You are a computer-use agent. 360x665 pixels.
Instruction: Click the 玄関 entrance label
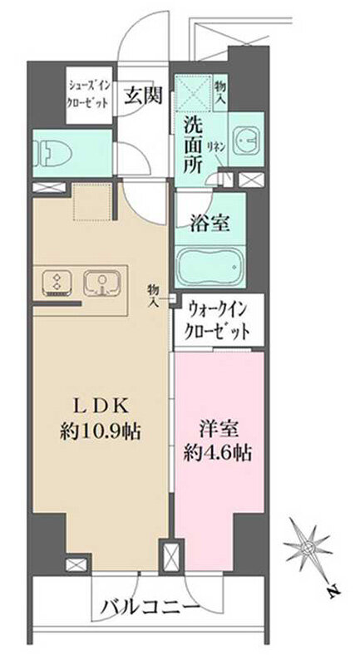(143, 96)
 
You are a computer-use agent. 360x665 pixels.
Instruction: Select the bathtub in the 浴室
(210, 267)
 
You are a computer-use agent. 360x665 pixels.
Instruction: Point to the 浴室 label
(210, 224)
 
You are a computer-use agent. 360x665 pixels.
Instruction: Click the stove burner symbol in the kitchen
(57, 281)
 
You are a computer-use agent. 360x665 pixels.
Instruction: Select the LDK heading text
(99, 406)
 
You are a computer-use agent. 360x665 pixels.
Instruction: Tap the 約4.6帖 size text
(218, 454)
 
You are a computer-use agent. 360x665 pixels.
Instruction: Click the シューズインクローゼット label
(90, 94)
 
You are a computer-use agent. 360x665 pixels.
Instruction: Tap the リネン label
(215, 147)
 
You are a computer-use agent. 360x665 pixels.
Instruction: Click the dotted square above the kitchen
(93, 202)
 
